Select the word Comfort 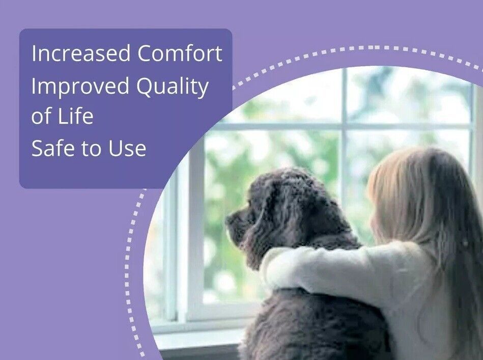180,53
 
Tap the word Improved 80,87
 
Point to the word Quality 173,87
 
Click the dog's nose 230,219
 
